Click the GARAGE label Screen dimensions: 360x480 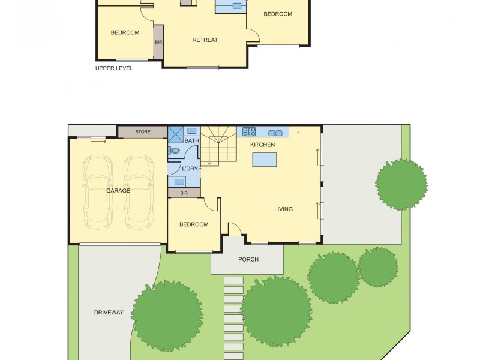click(x=118, y=190)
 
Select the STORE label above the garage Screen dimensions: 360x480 click(x=143, y=131)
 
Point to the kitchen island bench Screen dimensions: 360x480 click(x=265, y=160)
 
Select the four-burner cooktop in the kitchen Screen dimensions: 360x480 click(x=250, y=132)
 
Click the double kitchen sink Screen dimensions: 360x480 click(x=275, y=133)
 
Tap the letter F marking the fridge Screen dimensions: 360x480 click(x=298, y=132)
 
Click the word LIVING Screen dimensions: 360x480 click(x=283, y=209)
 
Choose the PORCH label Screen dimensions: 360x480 click(x=248, y=259)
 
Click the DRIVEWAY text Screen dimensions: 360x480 click(x=109, y=313)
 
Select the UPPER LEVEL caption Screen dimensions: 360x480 click(x=114, y=68)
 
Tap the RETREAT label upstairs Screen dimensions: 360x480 click(x=205, y=40)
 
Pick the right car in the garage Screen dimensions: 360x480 click(x=139, y=191)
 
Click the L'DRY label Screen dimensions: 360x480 click(x=190, y=169)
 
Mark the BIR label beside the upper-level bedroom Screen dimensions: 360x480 click(x=158, y=42)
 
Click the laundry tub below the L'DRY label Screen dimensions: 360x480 click(x=179, y=181)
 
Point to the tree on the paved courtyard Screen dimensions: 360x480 click(x=401, y=184)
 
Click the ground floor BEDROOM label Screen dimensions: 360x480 click(x=194, y=224)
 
